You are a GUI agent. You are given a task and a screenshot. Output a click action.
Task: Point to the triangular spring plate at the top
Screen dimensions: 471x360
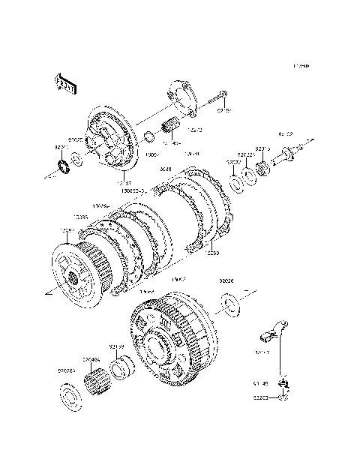184,97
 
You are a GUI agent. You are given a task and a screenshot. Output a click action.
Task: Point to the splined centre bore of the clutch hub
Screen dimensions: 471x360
75,280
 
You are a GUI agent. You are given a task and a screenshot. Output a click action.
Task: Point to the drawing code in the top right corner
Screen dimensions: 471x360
301,67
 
